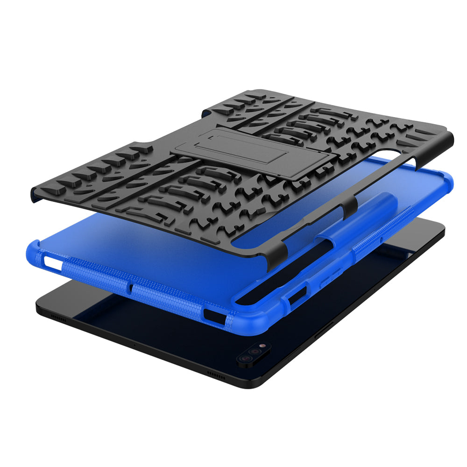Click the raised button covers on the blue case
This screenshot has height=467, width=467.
coord(327,276)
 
